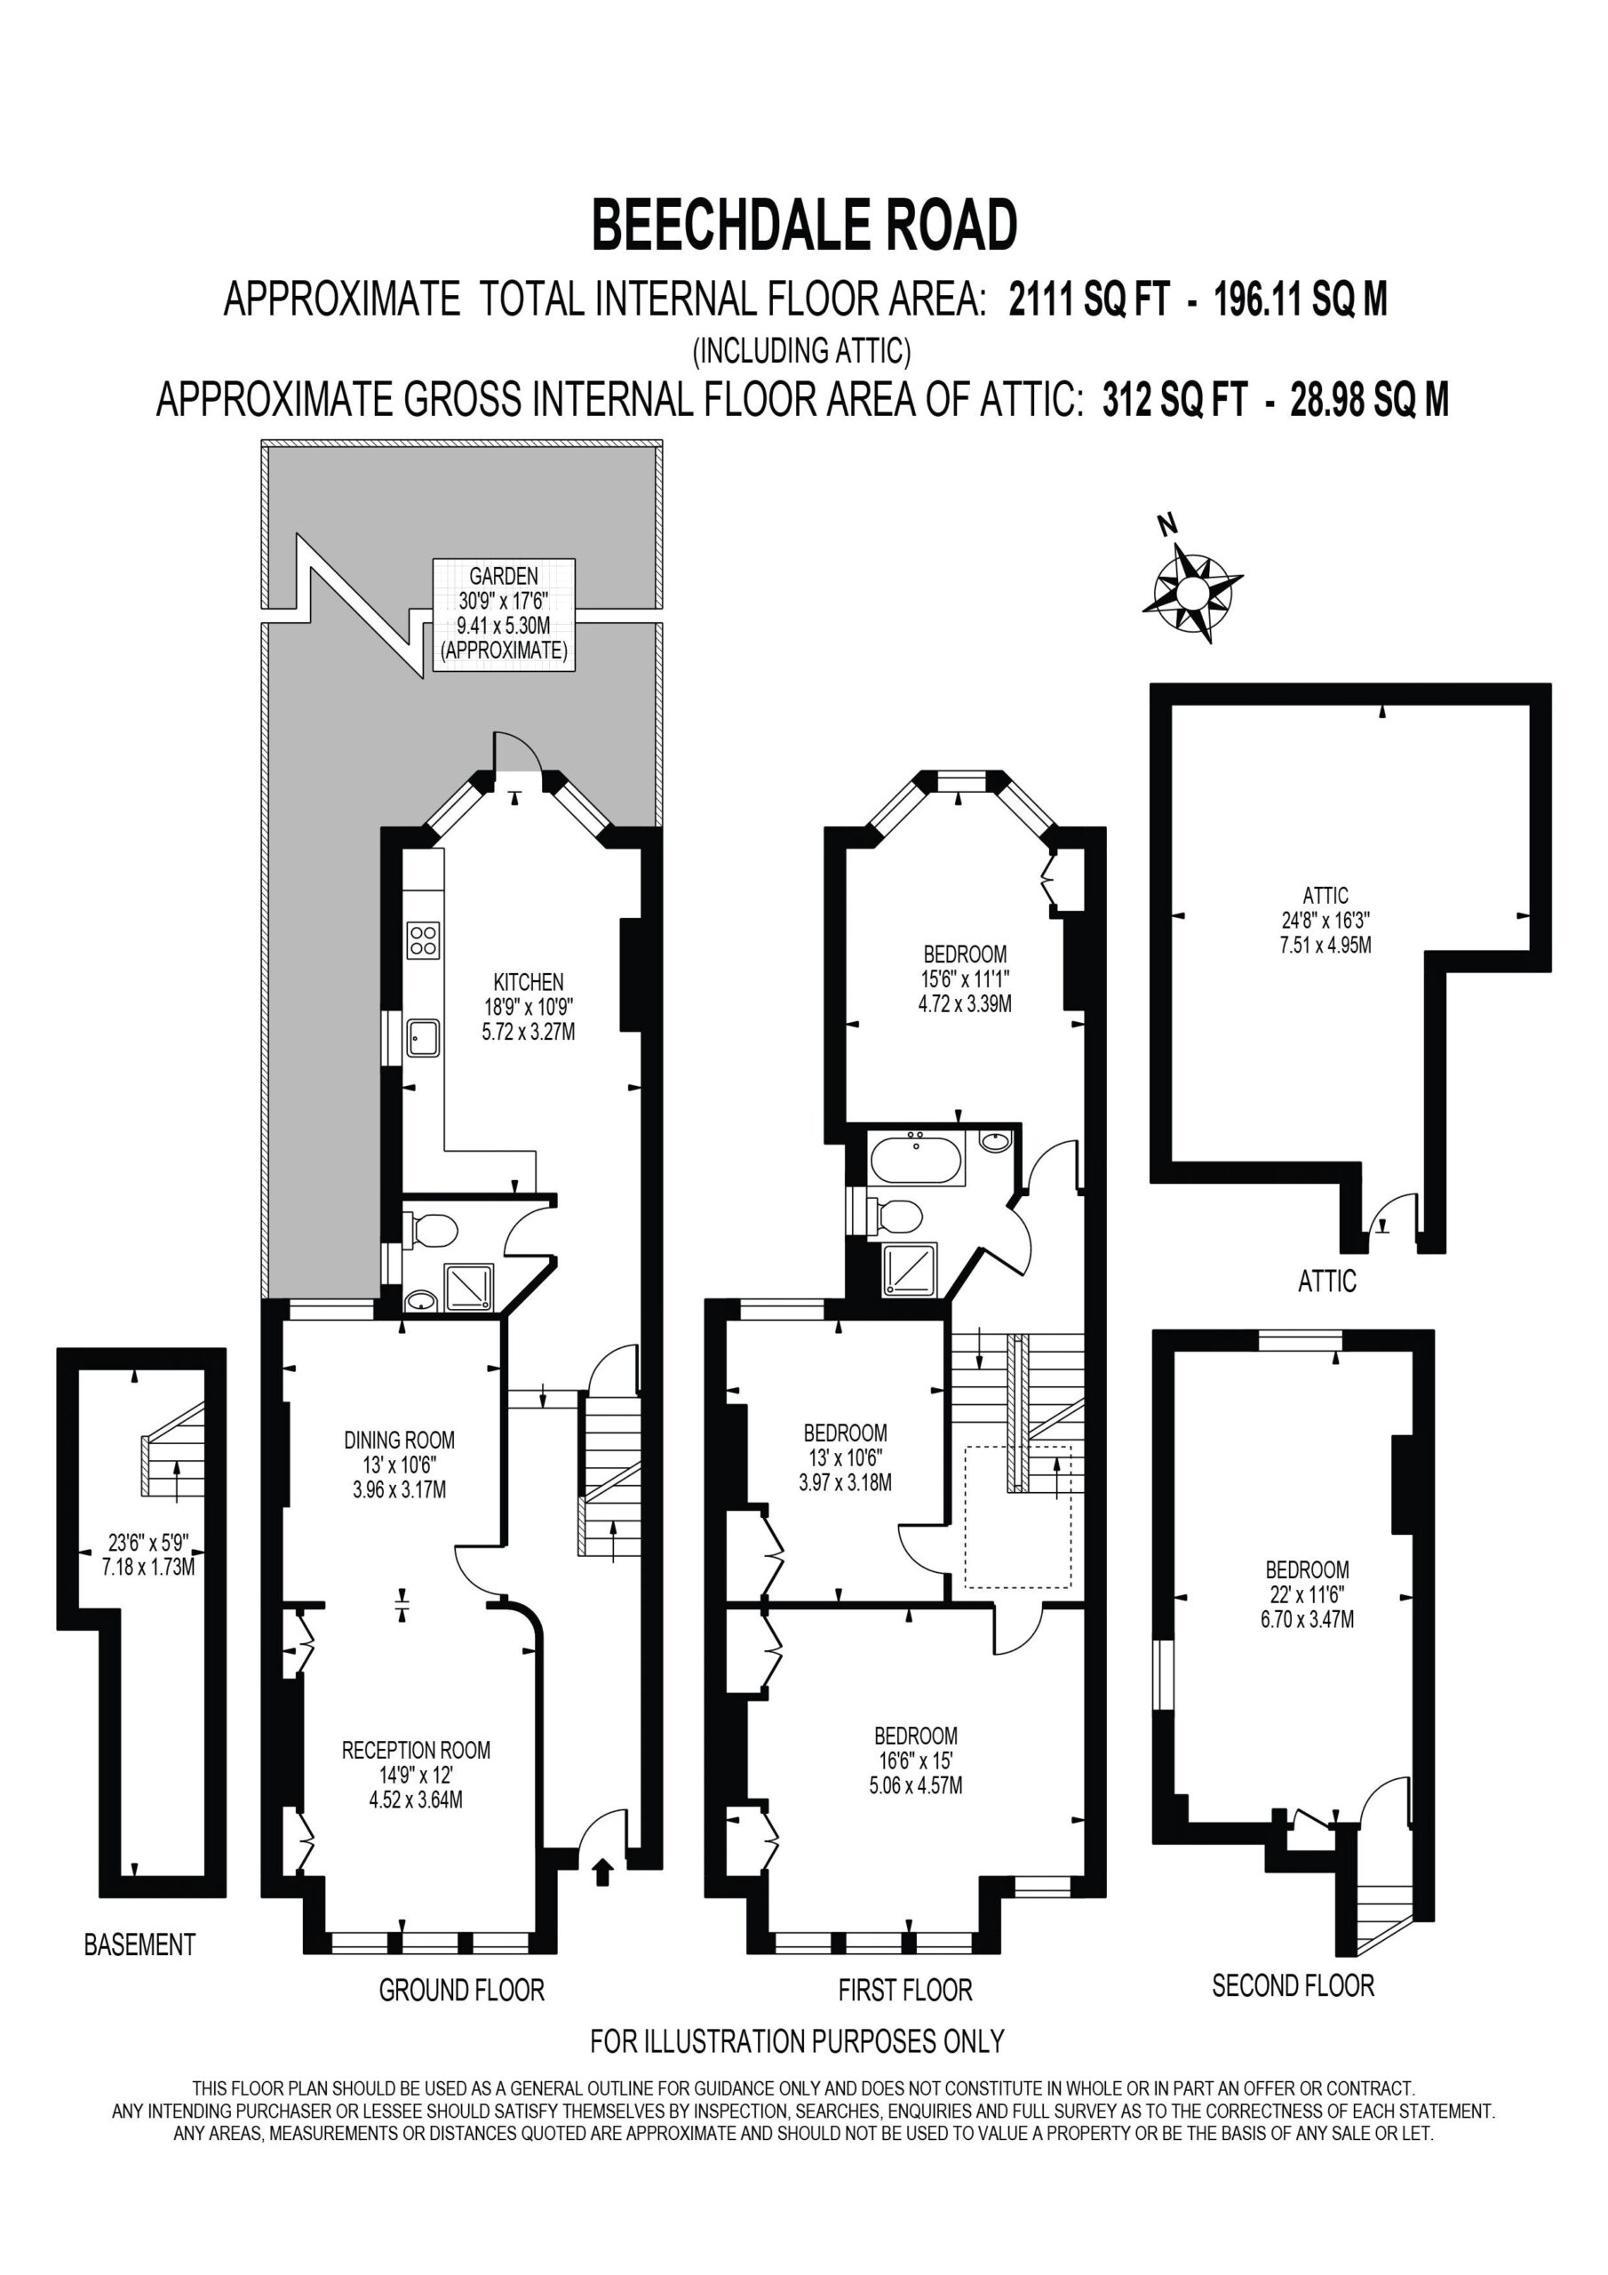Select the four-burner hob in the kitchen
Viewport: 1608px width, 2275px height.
423,939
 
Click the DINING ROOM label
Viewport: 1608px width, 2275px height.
399,1440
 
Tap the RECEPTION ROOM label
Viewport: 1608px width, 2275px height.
416,1750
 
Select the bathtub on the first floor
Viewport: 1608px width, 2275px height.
914,1158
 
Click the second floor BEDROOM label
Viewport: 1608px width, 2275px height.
1307,1569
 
